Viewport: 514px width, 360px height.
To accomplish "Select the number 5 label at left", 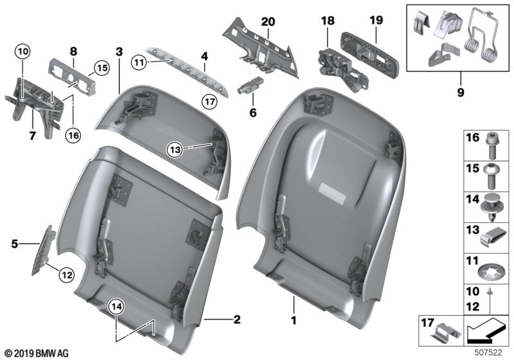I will coord(13,244).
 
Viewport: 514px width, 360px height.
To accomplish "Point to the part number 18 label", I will coord(328,21).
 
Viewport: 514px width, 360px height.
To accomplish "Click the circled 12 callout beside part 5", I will coord(66,275).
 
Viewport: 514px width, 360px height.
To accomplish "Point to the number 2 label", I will coord(236,318).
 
